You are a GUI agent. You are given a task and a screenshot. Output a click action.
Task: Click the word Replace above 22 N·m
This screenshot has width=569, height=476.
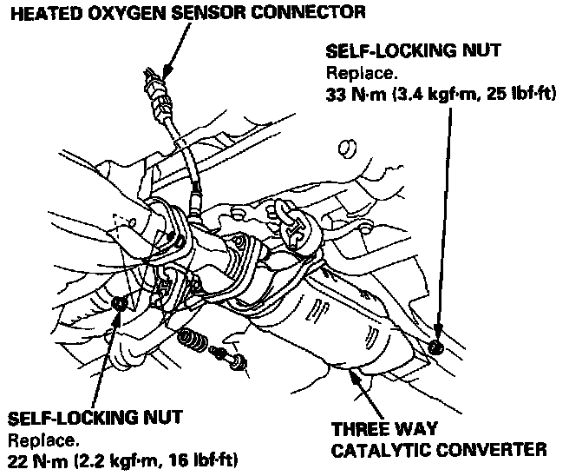pyautogui.click(x=35, y=437)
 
